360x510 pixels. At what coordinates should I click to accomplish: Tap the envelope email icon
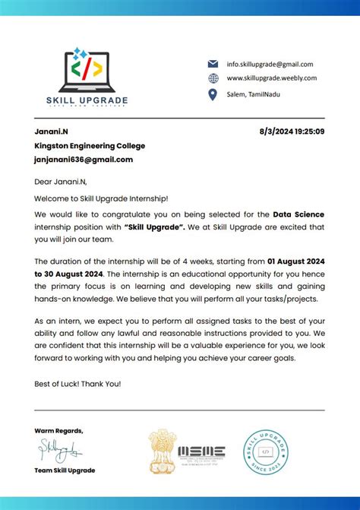(213, 64)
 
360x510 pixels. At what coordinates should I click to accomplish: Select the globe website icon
(213, 78)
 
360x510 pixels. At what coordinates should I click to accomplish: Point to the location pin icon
(213, 94)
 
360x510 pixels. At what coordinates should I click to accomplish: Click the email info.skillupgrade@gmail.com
(270, 65)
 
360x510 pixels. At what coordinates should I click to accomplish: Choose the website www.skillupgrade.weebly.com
(271, 78)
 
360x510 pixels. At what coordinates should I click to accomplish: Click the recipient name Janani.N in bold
(51, 132)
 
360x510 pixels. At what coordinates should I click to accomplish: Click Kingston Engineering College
(89, 146)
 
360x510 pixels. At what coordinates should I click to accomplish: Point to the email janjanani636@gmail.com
(84, 160)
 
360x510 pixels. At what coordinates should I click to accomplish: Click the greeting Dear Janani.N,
(61, 182)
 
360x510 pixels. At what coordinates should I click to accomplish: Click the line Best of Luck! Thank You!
(77, 383)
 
